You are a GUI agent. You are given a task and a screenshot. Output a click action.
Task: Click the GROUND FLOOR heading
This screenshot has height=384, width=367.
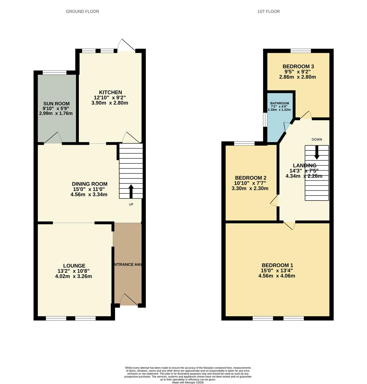click(x=82, y=11)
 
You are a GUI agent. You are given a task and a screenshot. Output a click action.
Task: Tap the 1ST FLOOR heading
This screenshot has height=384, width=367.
click(x=268, y=11)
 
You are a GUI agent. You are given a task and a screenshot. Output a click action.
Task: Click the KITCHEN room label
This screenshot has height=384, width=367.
click(x=110, y=92)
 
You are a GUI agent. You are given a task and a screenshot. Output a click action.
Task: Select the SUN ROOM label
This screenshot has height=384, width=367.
click(x=56, y=103)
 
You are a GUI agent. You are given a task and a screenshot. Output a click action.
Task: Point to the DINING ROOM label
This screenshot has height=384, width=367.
click(x=89, y=184)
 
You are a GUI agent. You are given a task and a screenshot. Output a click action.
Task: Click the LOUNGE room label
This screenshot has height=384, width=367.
click(x=74, y=266)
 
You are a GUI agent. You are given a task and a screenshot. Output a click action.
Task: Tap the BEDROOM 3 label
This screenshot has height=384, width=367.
click(x=298, y=66)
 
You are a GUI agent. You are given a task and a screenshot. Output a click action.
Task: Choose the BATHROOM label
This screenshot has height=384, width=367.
click(x=280, y=103)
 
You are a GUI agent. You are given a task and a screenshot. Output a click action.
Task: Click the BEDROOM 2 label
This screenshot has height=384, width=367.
click(x=251, y=178)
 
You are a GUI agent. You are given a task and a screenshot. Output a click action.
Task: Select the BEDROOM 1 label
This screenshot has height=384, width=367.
click(x=277, y=265)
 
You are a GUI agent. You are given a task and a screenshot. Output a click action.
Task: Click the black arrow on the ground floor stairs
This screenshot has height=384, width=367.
click(x=131, y=191)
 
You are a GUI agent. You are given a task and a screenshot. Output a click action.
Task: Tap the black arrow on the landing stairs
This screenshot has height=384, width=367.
click(x=317, y=152)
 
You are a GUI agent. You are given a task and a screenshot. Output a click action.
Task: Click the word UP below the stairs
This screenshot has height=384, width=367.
click(x=131, y=204)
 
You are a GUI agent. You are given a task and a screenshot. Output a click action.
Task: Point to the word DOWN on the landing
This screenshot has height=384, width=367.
click(x=317, y=139)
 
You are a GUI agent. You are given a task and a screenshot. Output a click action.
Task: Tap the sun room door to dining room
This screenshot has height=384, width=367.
click(x=53, y=138)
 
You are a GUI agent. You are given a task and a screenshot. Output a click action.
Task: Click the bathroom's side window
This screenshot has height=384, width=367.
click(x=265, y=119)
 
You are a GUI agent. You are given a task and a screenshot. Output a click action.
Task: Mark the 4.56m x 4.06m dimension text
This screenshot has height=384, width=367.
click(x=277, y=276)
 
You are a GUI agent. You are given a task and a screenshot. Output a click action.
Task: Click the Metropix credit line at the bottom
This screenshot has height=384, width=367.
click(x=188, y=382)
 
